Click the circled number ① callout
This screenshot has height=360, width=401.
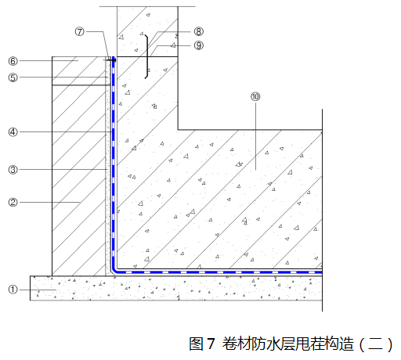[13, 290]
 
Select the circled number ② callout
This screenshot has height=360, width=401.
[13, 202]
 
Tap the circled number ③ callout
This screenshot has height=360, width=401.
[13, 170]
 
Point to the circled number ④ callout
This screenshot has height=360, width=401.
[13, 132]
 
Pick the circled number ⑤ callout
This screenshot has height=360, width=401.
[13, 77]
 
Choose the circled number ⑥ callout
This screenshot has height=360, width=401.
[13, 61]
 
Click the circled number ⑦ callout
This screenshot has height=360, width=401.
[80, 32]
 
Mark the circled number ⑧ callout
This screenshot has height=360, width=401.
[199, 32]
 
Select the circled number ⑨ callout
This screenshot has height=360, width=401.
[199, 45]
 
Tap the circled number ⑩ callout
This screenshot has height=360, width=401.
[255, 97]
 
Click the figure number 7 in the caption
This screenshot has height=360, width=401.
[211, 344]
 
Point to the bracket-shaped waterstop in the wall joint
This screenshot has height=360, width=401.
[147, 56]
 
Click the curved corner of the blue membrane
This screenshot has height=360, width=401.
[114, 271]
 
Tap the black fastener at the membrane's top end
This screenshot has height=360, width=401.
[112, 60]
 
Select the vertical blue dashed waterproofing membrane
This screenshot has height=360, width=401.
[114, 162]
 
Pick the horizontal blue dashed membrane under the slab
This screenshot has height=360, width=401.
[219, 272]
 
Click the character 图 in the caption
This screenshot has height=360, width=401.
[197, 344]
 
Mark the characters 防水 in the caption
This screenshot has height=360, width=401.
[265, 344]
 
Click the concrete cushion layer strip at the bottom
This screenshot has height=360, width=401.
[176, 288]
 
